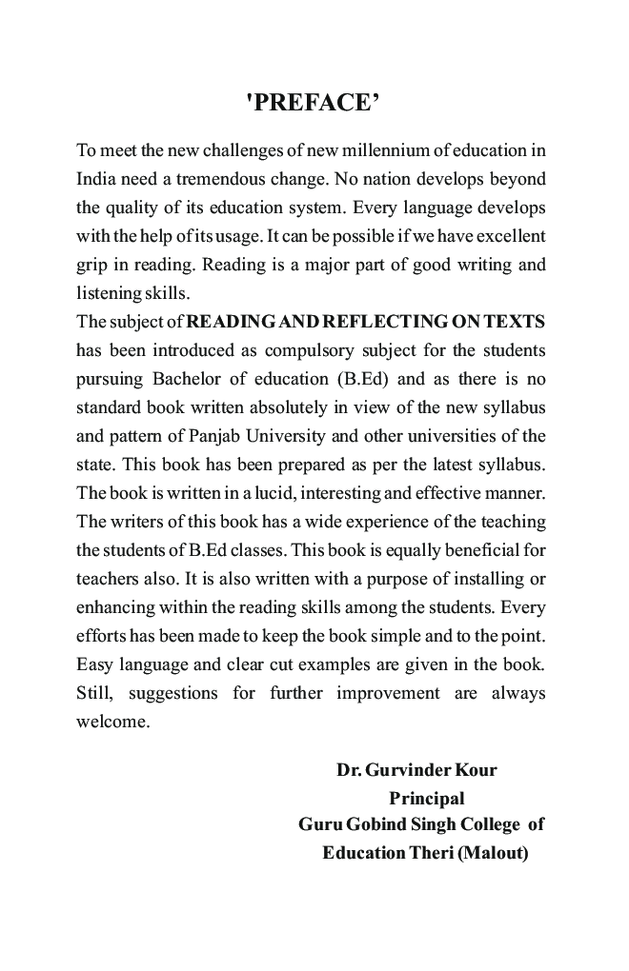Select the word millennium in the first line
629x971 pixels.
(366, 150)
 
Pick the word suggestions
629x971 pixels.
(167, 693)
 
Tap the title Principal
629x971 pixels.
(426, 798)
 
